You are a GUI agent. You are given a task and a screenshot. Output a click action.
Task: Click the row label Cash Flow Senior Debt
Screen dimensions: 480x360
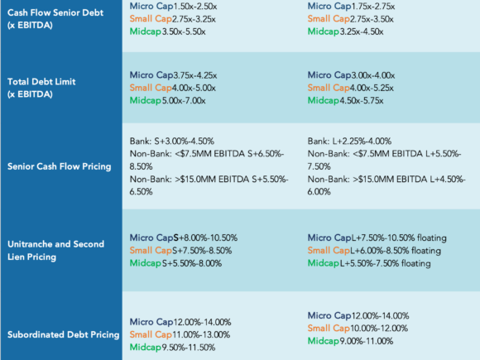click(55, 19)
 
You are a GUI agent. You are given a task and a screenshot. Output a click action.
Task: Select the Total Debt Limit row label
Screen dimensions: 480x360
click(41, 88)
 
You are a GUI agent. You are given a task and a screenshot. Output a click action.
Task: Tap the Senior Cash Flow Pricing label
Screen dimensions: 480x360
click(59, 166)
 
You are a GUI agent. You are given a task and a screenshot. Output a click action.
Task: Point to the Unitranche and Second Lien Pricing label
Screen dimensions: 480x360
click(55, 251)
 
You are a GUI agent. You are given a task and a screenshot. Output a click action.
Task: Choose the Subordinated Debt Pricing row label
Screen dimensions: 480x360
click(64, 334)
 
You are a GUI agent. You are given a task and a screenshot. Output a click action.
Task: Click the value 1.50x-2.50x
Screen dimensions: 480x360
click(195, 6)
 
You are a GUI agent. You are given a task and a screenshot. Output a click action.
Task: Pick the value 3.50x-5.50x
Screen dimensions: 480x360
click(184, 31)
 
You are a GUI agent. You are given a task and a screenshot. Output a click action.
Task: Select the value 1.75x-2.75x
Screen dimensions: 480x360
click(373, 6)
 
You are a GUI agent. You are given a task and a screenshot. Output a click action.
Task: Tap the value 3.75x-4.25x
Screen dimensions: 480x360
click(195, 75)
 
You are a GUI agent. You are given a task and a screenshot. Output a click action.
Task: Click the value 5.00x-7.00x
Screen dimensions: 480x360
click(184, 100)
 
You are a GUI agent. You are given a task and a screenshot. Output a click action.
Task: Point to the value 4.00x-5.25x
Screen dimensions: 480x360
click(372, 88)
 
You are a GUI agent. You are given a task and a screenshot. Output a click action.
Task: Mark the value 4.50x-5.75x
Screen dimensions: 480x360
click(362, 100)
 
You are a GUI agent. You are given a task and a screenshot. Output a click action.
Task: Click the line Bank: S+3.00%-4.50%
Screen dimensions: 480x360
click(172, 142)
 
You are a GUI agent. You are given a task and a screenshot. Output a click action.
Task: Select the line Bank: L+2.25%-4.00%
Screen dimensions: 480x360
click(349, 142)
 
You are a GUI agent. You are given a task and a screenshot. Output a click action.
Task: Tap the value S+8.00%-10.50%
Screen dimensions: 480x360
click(205, 238)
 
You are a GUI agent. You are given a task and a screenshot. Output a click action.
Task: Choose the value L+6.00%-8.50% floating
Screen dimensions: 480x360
click(396, 251)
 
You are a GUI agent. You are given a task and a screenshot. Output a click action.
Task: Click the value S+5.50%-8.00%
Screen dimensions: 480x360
click(192, 263)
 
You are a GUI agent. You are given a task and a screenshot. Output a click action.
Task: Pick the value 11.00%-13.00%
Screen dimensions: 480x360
click(201, 334)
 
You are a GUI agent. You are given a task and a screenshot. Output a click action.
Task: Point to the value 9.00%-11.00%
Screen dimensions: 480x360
click(367, 341)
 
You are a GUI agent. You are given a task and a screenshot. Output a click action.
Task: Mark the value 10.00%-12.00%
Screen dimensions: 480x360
click(379, 329)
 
